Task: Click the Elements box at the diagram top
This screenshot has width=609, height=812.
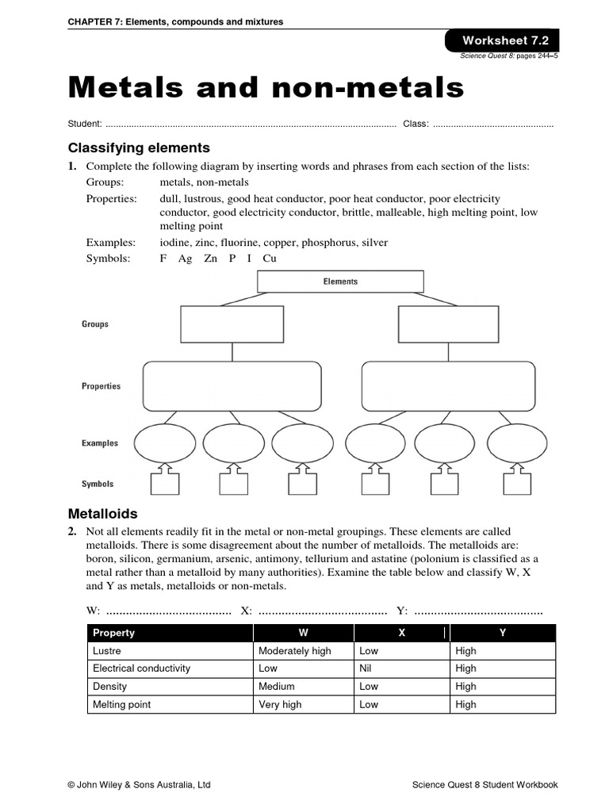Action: pos(340,282)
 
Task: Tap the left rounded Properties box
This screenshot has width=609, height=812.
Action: pos(232,385)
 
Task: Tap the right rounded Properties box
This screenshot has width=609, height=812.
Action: pos(449,385)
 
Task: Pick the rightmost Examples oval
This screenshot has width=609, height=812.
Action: pos(517,443)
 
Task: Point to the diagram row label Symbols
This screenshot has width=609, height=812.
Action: pos(98,484)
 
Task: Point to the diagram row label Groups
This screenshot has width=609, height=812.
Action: pos(95,324)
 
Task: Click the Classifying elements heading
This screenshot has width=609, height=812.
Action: pos(139,147)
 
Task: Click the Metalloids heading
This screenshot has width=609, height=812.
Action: pos(102,514)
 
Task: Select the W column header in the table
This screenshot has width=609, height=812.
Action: pos(303,633)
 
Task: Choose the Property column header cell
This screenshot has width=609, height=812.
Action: pos(114,633)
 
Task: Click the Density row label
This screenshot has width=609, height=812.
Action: pos(109,687)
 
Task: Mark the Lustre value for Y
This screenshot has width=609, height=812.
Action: pos(466,651)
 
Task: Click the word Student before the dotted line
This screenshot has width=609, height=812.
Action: pos(85,124)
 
